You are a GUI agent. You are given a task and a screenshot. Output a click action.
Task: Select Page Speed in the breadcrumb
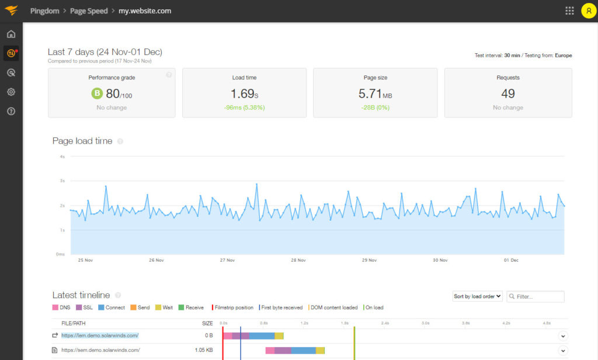point(89,11)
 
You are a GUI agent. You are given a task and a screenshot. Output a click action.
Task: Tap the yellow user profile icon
point(589,11)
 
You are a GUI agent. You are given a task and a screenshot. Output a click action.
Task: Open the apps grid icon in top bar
point(569,11)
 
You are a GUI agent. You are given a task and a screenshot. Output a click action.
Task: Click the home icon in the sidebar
point(11,34)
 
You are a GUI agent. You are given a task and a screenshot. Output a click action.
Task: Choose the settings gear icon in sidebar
point(11,92)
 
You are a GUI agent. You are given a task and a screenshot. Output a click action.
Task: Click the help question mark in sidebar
point(11,112)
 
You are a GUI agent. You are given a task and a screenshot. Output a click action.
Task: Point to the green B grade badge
point(97,94)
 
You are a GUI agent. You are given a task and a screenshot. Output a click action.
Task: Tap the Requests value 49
point(508,94)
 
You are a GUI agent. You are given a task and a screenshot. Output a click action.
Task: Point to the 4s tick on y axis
point(61,157)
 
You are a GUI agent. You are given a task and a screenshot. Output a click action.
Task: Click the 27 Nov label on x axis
point(227,261)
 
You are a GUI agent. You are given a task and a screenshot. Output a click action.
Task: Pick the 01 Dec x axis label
point(510,261)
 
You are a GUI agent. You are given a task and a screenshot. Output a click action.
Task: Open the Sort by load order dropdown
point(477,296)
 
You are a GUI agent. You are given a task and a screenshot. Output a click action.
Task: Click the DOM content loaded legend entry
point(333,307)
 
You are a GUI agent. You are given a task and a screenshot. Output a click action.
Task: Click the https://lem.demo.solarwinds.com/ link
point(100,335)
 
